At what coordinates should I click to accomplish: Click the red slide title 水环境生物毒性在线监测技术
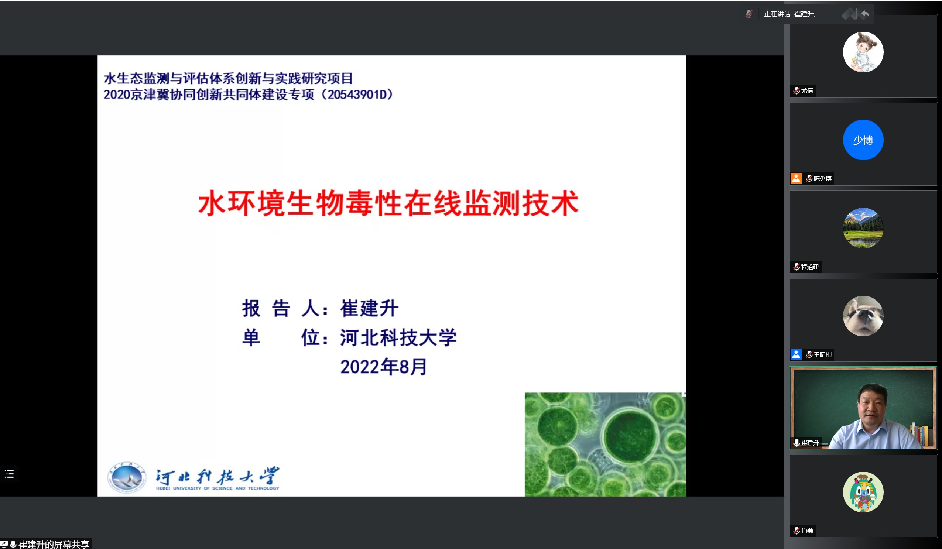pyautogui.click(x=388, y=203)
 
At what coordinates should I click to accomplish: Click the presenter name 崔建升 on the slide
pyautogui.click(x=369, y=308)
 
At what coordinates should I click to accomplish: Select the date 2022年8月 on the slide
pyautogui.click(x=384, y=367)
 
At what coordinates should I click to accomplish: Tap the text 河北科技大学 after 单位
pyautogui.click(x=398, y=337)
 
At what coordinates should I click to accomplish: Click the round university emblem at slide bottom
pyautogui.click(x=126, y=477)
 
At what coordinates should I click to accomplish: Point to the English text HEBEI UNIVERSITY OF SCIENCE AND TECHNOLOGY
pyautogui.click(x=217, y=488)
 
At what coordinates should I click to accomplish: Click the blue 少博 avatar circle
pyautogui.click(x=863, y=140)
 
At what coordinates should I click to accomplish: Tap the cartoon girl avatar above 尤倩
pyautogui.click(x=863, y=52)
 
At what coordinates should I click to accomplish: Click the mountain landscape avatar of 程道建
pyautogui.click(x=863, y=228)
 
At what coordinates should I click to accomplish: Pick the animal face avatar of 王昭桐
pyautogui.click(x=863, y=316)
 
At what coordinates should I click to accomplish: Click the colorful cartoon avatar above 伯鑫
pyautogui.click(x=863, y=492)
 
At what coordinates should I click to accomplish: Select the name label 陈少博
pyautogui.click(x=822, y=179)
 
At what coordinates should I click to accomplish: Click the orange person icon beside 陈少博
pyautogui.click(x=796, y=178)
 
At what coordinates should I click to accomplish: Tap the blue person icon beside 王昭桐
pyautogui.click(x=796, y=354)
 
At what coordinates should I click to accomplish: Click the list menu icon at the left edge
pyautogui.click(x=9, y=474)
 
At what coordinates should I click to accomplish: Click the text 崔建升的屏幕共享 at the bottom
pyautogui.click(x=54, y=545)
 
